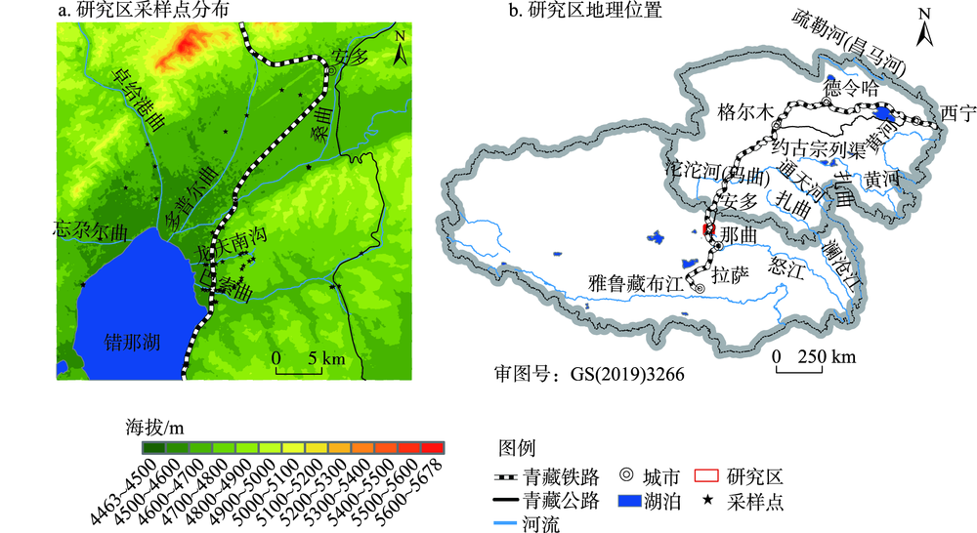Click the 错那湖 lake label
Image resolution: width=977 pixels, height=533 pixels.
tap(132, 343)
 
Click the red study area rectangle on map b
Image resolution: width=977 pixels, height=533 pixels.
tap(708, 229)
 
